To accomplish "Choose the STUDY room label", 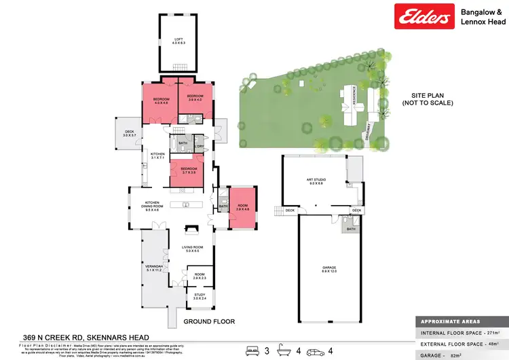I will point(198,296).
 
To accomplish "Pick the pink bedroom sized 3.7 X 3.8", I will point(189,170).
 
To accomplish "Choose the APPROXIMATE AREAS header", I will point(451,321).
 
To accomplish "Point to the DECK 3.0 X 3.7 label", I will point(130,134).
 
